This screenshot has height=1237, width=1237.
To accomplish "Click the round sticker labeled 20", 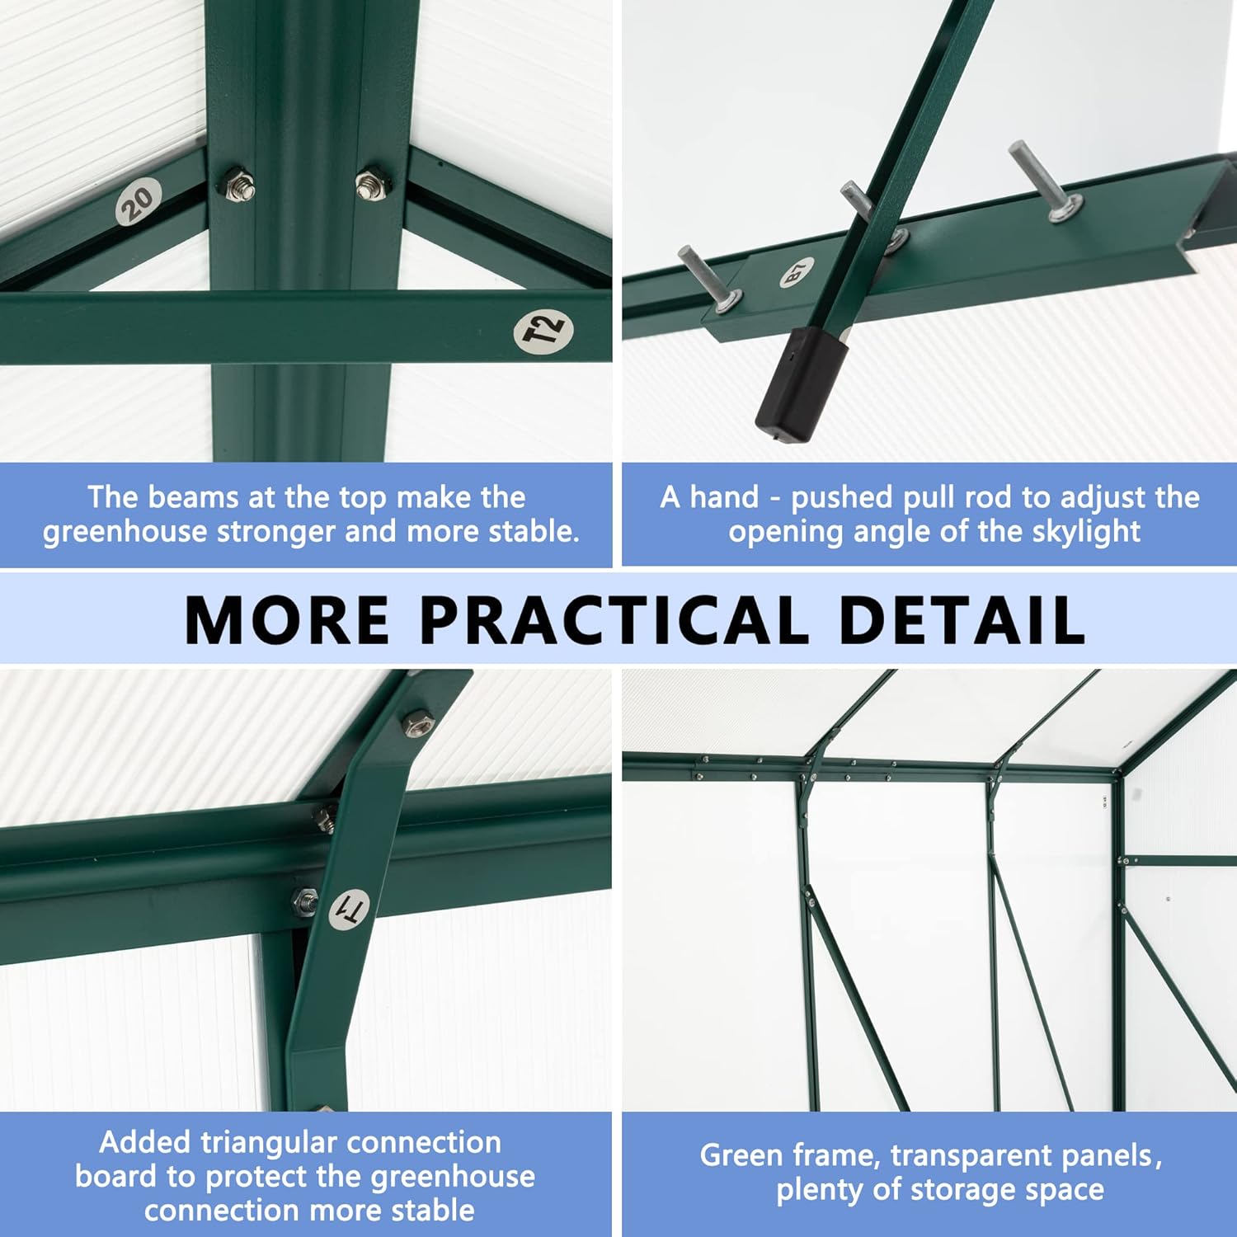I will point(139,201).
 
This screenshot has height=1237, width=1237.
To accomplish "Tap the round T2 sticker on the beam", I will point(543,332).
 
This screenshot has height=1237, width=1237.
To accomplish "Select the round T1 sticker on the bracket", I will point(349,910).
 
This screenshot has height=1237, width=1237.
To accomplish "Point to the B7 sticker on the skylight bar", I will point(797,272).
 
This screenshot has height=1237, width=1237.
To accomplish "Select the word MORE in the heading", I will point(287,619).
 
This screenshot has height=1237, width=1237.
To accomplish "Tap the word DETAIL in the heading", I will point(962,619).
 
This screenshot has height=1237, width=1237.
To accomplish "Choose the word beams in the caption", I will point(193,497).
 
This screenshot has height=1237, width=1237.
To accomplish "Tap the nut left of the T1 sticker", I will point(304,901).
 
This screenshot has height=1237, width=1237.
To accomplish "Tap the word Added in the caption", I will point(145,1142).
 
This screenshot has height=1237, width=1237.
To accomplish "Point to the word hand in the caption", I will point(724,497).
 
